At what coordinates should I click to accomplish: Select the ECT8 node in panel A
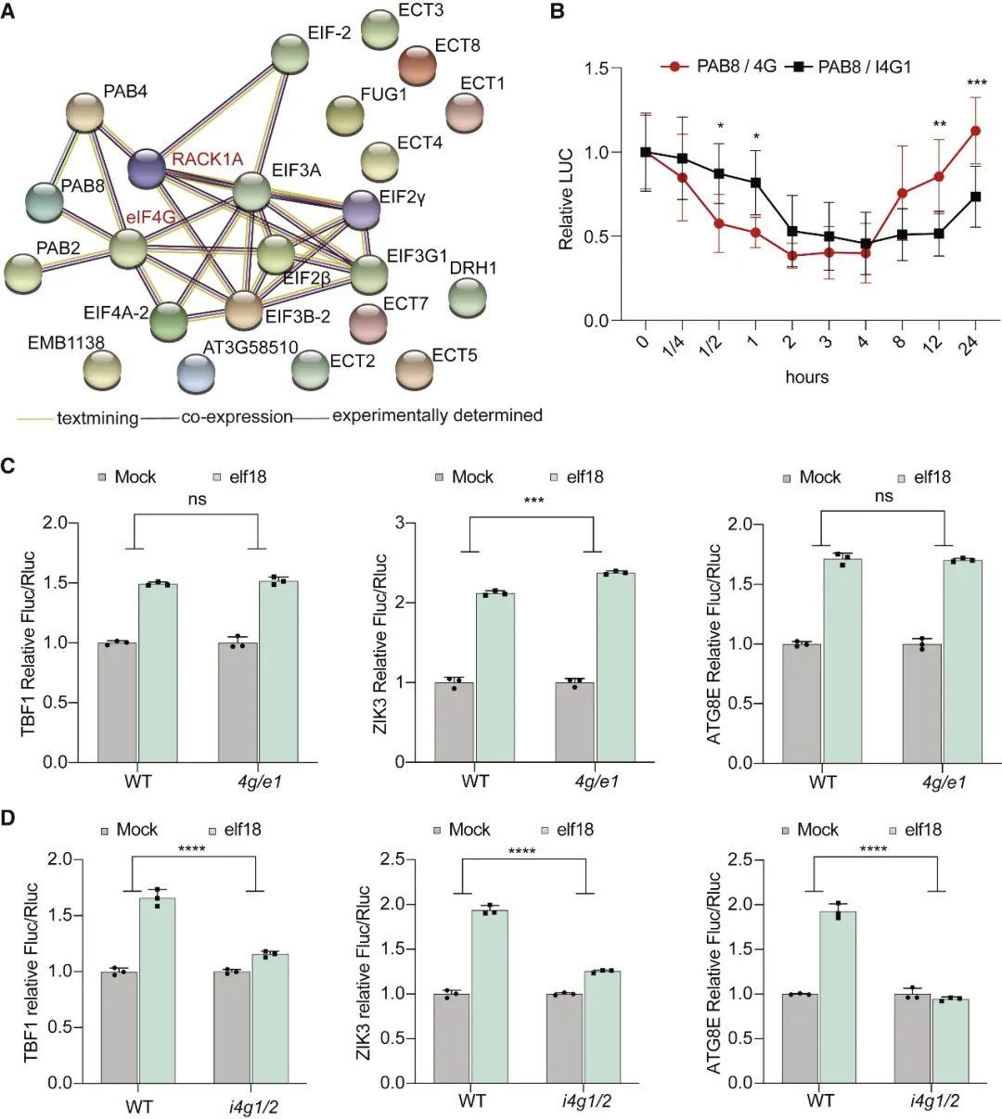point(418,65)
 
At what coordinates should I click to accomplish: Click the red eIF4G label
point(151,218)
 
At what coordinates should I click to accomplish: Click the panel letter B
point(558,13)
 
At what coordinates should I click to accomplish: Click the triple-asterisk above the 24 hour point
point(976,84)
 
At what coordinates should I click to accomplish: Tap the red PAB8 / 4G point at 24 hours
point(975,131)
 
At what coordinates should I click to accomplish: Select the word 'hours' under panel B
point(806,377)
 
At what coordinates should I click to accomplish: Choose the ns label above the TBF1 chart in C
point(197,500)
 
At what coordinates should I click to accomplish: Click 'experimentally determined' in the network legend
point(437,415)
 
